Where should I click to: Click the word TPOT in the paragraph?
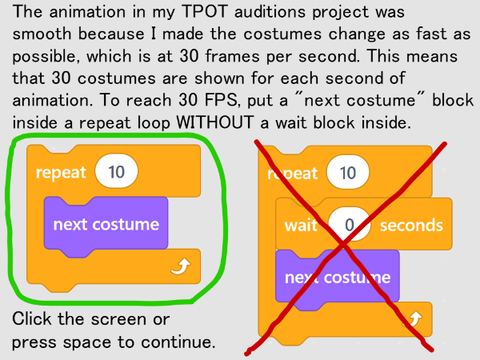tap(205, 12)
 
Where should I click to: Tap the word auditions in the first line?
tap(269, 12)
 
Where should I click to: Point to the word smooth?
tap(42, 34)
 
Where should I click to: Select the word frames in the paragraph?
tap(232, 56)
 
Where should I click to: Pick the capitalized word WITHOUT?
tap(214, 122)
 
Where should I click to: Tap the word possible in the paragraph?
tap(46, 56)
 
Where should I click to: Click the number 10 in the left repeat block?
tap(116, 172)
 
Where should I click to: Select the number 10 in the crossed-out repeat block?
tap(348, 173)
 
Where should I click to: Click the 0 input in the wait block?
tap(349, 225)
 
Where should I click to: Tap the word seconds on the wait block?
tap(411, 225)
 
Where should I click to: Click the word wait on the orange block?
tap(301, 225)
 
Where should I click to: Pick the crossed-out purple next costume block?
tap(337, 278)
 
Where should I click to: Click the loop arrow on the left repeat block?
tap(180, 267)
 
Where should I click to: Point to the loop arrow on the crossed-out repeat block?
tap(413, 319)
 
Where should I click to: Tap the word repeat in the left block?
tap(61, 173)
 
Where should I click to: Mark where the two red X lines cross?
tap(342, 246)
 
